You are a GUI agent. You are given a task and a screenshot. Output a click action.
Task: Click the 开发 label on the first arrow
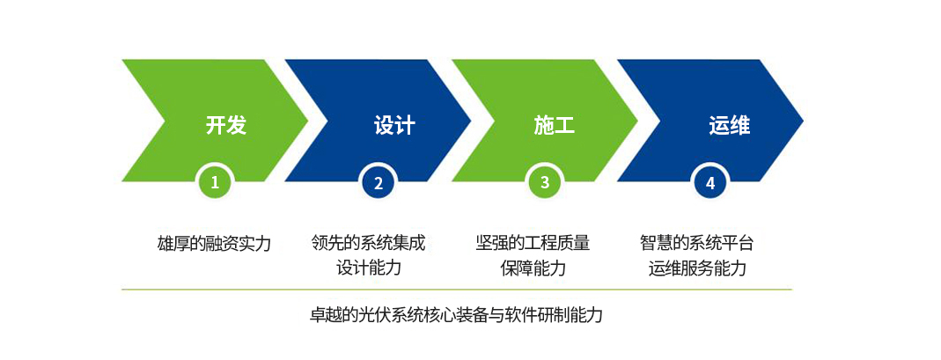[226, 125]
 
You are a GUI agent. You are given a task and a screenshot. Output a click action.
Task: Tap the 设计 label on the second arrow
[394, 125]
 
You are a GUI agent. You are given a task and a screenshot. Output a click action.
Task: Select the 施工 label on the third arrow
[555, 125]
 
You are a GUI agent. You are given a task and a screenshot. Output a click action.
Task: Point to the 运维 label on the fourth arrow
[729, 125]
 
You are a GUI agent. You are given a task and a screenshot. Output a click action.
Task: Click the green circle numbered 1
[215, 182]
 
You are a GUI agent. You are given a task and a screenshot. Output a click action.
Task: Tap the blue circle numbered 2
[379, 182]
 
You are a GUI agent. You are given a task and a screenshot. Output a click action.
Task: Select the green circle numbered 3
[544, 182]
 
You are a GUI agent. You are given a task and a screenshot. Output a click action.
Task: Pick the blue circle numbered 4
[710, 182]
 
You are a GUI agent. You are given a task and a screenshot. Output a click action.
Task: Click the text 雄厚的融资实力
[214, 244]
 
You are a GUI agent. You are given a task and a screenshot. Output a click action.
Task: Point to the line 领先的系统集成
[369, 243]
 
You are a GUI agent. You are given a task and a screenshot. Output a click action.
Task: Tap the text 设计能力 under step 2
[369, 268]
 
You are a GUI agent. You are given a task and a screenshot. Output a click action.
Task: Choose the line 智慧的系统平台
[697, 243]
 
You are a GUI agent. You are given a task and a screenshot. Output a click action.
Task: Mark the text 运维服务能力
[697, 268]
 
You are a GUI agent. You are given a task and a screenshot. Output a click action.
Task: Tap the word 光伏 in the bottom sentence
[373, 315]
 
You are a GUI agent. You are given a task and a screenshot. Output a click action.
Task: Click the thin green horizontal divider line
[457, 290]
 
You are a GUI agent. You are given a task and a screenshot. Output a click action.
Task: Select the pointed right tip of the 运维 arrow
[803, 121]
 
